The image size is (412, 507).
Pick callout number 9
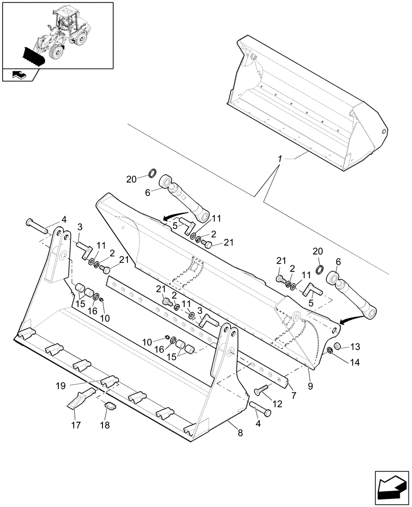click(310, 386)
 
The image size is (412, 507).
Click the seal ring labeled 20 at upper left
click(152, 175)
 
